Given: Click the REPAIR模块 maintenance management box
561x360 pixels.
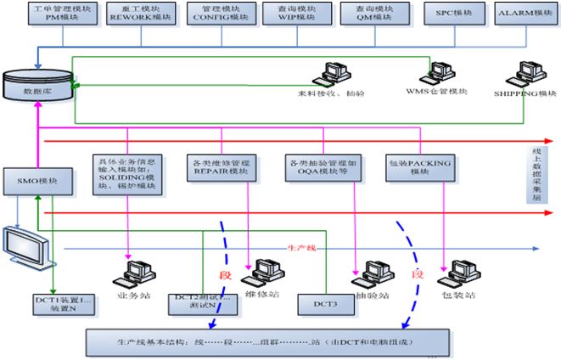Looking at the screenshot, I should click(219, 166).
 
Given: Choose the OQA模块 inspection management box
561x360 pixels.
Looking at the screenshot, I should click(318, 166).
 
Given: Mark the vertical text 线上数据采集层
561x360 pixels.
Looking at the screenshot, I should click(548, 169).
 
